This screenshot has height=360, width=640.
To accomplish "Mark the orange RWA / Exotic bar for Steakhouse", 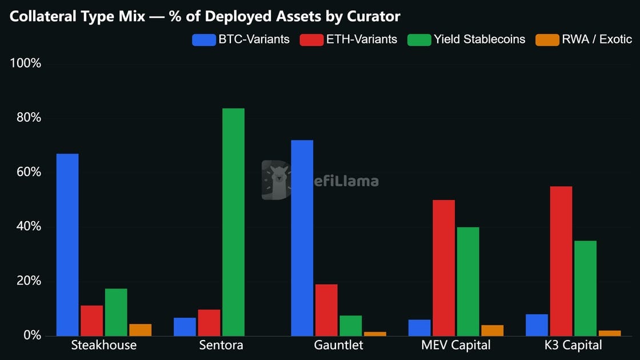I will [x=141, y=330].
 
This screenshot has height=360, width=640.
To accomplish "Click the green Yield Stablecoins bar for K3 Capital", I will [x=585, y=288].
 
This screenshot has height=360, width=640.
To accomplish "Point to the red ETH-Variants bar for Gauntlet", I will [x=326, y=310].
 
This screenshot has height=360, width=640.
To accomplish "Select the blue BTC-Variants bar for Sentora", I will [x=185, y=327].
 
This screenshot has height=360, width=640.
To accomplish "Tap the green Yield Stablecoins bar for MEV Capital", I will [x=468, y=281].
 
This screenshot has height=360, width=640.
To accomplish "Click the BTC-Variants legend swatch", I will [x=203, y=39].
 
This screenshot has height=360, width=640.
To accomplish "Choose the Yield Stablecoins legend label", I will [x=479, y=39].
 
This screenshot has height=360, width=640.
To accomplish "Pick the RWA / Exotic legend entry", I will [x=583, y=39].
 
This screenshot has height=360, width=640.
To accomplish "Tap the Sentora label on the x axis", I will [x=221, y=345].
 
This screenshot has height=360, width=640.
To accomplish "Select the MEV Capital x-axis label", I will [x=455, y=345].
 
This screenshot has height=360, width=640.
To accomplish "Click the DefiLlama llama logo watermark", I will [x=277, y=180].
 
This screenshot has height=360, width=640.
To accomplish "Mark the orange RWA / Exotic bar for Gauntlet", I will [x=375, y=334].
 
